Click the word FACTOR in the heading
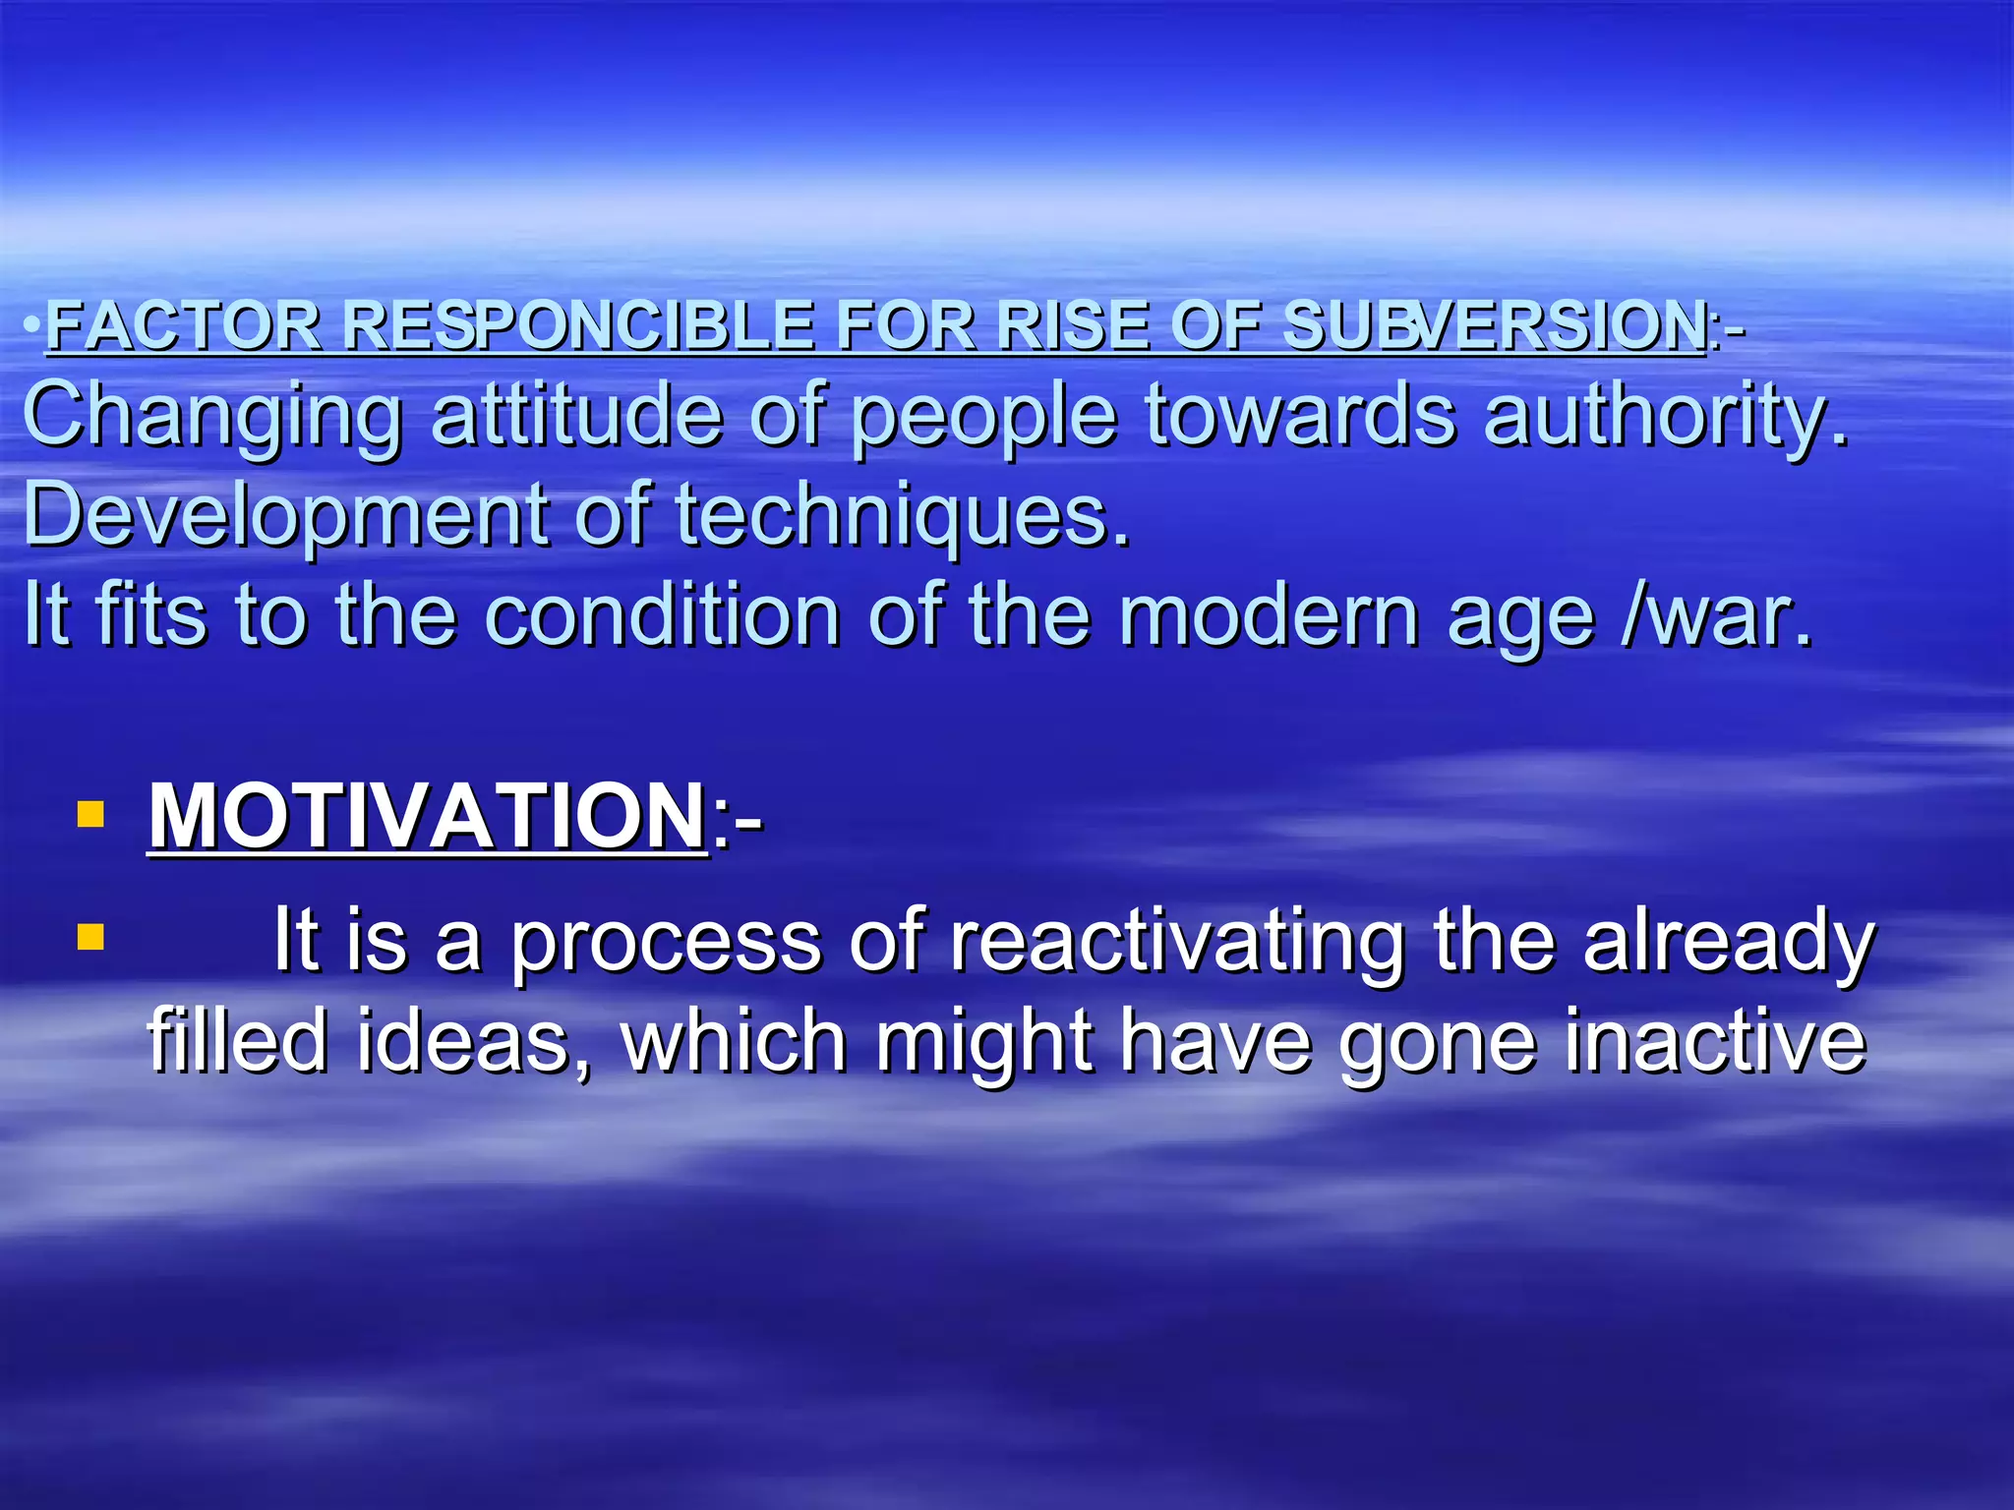(x=183, y=325)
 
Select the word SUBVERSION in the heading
(x=1495, y=325)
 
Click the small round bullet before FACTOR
(x=32, y=323)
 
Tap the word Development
(x=285, y=516)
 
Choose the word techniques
(x=902, y=516)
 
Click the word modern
(x=1269, y=616)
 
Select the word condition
(x=662, y=616)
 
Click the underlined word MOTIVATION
(x=426, y=817)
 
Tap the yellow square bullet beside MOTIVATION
(x=90, y=815)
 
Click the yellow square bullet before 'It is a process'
(x=90, y=937)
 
